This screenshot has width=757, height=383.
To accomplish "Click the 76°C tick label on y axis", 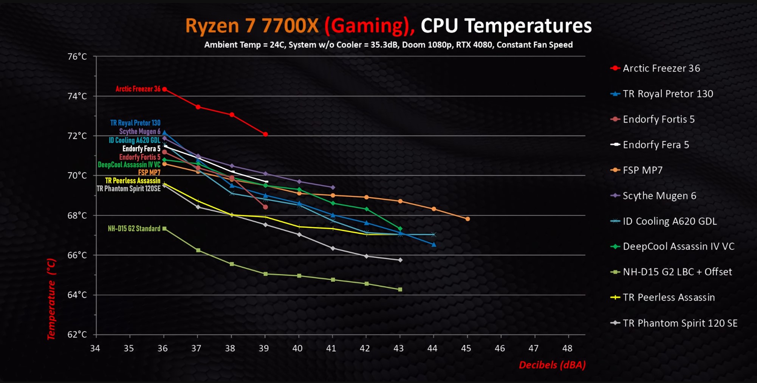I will [77, 57].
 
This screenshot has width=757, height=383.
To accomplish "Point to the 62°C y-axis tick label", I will [77, 335].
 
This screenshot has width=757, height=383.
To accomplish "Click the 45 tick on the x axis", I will [466, 348].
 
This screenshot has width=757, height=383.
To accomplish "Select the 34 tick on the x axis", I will [95, 348].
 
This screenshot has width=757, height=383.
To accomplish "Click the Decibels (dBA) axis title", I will [552, 365].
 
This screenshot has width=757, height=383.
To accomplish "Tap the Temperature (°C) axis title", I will [51, 299].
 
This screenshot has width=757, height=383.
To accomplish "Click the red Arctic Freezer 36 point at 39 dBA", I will [265, 134].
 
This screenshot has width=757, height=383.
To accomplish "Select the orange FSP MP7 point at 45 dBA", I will [468, 219].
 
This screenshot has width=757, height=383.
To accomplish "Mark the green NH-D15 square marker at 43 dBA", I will [400, 289].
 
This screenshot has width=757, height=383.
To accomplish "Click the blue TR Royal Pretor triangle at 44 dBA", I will [434, 245].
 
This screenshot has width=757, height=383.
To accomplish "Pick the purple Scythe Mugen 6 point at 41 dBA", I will [333, 188].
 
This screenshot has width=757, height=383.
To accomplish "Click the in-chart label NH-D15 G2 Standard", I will [134, 228].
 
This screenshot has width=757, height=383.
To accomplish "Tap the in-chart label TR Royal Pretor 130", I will [135, 123].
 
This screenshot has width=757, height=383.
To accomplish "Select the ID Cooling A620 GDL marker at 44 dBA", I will [434, 234].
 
